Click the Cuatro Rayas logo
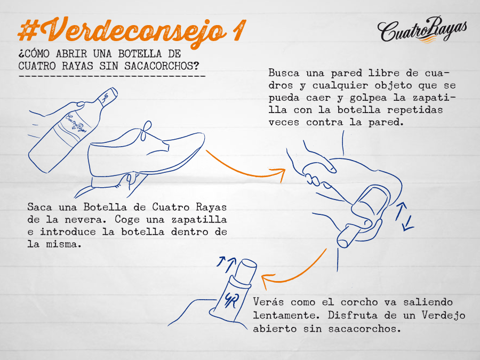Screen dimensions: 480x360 coord(422,30)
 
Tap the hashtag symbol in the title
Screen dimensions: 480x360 coord(29,30)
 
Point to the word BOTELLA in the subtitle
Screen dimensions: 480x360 coord(140,53)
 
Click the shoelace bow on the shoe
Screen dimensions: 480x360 coord(146,130)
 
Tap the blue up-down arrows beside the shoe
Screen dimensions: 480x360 coord(404,217)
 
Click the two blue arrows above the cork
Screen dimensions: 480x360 coord(226,264)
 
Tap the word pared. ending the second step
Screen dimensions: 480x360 coord(386,123)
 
